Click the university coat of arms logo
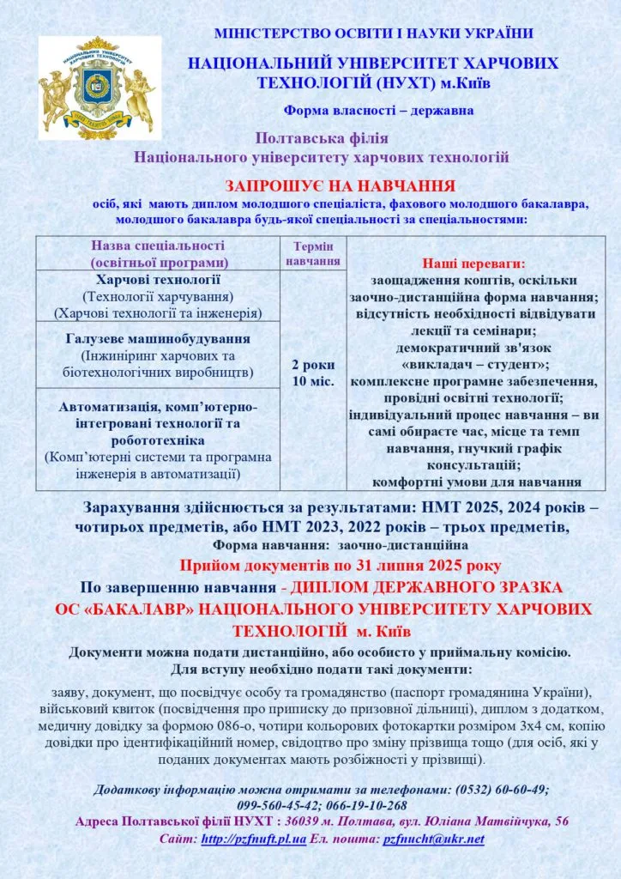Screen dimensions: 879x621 click(x=96, y=88)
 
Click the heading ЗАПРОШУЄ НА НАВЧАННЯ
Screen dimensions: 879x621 click(x=340, y=186)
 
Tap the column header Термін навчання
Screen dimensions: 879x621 click(x=313, y=253)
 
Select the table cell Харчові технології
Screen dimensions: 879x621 click(x=158, y=280)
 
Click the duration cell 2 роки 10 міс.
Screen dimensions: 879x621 click(x=313, y=372)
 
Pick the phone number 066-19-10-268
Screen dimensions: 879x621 click(x=368, y=805)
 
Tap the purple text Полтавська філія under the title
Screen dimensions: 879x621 click(x=322, y=138)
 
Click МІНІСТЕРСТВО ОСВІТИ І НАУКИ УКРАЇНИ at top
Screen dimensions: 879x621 click(x=373, y=33)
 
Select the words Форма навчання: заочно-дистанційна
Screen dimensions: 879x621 click(x=340, y=544)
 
